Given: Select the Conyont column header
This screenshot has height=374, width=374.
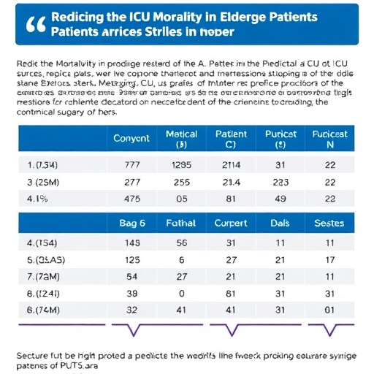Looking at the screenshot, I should [x=131, y=138].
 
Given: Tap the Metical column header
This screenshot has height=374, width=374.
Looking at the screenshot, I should [x=182, y=138].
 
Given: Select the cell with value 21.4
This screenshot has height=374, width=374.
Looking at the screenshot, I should [x=231, y=182].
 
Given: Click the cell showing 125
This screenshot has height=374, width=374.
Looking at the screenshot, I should [x=131, y=259].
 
